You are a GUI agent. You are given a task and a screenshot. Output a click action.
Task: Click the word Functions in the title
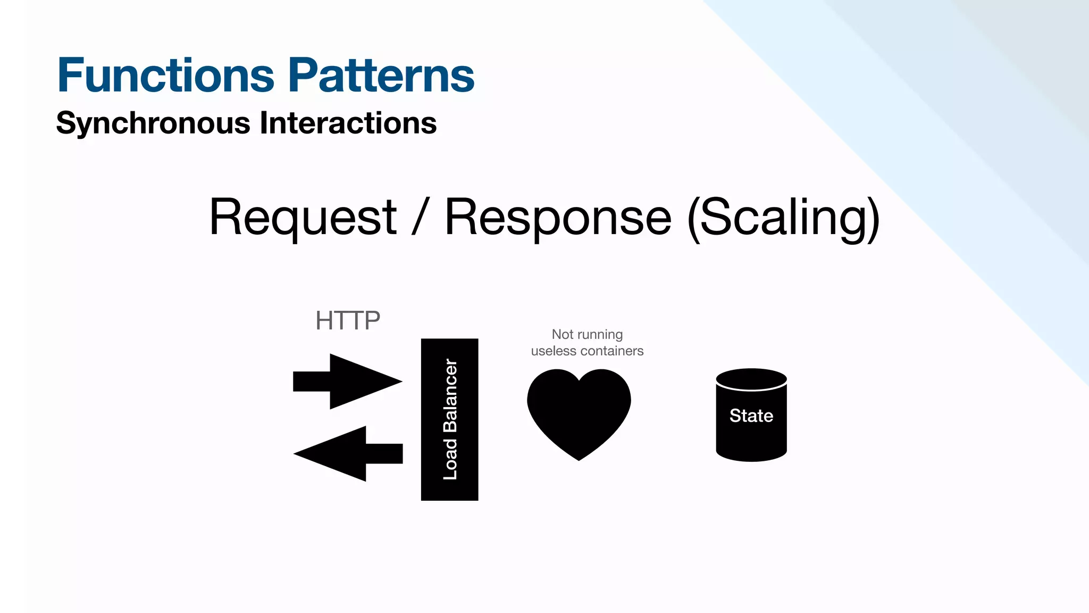click(x=165, y=76)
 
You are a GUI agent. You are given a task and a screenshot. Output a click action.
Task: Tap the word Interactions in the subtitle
click(x=348, y=123)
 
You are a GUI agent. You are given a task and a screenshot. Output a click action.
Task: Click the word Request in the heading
click(x=303, y=218)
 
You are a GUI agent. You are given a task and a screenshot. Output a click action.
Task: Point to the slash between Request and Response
click(x=420, y=218)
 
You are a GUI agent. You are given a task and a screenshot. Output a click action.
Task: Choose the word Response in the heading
click(x=558, y=218)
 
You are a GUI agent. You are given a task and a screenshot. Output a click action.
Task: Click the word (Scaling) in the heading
click(x=783, y=218)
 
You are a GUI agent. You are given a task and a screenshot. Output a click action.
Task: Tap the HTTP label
click(x=348, y=321)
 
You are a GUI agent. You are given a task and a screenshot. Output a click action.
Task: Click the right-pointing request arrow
click(x=348, y=382)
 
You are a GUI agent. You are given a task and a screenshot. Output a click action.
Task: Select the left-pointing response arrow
click(x=348, y=454)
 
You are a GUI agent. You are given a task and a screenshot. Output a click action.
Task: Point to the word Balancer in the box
click(x=450, y=395)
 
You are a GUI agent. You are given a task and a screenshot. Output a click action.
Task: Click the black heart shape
click(x=579, y=410)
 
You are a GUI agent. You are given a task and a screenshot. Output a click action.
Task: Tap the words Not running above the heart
click(x=587, y=334)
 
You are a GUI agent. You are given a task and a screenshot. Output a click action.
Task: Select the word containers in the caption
click(x=611, y=351)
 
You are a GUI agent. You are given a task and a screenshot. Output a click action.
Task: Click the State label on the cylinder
click(x=751, y=416)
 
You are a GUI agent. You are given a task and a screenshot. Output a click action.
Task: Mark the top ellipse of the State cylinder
click(x=751, y=379)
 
